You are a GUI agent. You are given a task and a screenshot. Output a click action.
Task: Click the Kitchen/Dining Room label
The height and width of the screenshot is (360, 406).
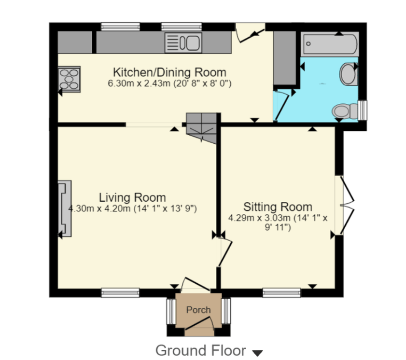tap(169, 72)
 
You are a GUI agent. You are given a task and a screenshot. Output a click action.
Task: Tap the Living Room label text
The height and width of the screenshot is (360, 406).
tap(132, 197)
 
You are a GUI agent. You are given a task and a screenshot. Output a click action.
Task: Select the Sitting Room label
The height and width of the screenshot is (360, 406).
tap(278, 207)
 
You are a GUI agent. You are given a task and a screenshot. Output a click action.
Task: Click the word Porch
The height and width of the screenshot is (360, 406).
tap(198, 310)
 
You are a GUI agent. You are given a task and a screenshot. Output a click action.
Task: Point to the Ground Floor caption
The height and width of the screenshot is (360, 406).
tap(201, 351)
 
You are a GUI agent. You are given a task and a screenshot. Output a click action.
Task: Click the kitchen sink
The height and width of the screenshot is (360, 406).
tap(183, 42)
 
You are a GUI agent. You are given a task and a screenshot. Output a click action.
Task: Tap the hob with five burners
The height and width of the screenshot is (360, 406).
tap(69, 79)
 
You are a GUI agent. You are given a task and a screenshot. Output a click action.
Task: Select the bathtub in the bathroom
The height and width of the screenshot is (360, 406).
tap(330, 44)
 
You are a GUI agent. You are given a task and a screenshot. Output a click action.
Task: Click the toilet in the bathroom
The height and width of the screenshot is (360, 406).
tap(345, 111)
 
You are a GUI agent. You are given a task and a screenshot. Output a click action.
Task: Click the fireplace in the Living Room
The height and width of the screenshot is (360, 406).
tap(65, 208)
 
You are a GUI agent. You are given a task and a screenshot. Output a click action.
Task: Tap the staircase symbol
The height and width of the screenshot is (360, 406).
tap(201, 128)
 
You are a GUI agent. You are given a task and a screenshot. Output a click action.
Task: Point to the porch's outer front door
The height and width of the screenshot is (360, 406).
tap(200, 323)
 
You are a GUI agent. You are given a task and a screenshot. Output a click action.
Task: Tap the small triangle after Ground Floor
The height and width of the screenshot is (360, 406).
tap(257, 353)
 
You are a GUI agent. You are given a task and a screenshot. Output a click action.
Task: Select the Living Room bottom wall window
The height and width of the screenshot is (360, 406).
tap(120, 293)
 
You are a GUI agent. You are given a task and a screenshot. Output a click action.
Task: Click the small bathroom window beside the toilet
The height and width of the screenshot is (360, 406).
tap(363, 110)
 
